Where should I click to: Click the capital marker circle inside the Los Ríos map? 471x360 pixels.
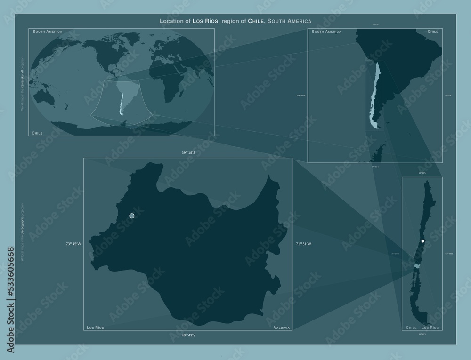coord(132,216)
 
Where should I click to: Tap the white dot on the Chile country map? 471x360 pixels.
coord(423,241)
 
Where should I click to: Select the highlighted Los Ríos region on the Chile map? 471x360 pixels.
coord(416,266)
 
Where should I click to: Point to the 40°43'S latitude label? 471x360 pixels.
coord(188,335)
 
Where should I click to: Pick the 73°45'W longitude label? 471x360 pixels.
coord(73,244)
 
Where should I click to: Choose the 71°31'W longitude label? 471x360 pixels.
coord(303,244)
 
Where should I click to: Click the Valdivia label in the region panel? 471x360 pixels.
coord(281,327)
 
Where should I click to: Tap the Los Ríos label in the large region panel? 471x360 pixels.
coord(96,327)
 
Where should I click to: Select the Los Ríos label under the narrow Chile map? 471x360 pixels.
coord(430,327)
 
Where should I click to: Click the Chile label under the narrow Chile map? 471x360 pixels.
coord(411,327)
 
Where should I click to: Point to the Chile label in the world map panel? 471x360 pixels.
coord(37,133)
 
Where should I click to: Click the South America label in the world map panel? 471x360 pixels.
coord(48,32)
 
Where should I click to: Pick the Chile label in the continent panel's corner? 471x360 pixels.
coord(433,32)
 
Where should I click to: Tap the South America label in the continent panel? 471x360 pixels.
coord(326,32)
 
